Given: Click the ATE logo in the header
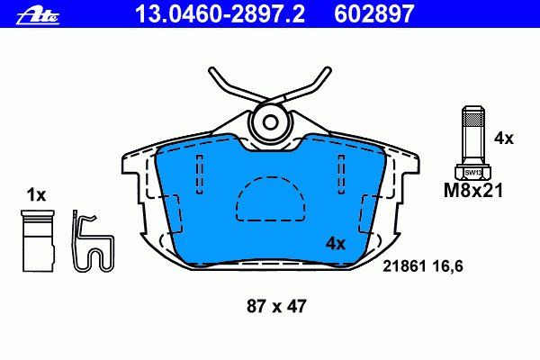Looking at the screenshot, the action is click(x=38, y=16).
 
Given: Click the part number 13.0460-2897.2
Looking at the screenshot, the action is click(x=220, y=14).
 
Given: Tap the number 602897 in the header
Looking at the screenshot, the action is click(x=374, y=14).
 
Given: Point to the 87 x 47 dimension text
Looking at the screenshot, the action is click(x=276, y=306).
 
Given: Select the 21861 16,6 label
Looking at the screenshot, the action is click(x=423, y=266).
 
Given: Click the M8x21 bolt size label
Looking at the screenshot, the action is click(x=473, y=190).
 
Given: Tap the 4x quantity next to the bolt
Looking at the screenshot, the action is click(x=503, y=139).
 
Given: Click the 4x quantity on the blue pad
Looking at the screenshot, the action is click(x=336, y=244).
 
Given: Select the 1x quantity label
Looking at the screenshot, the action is click(x=36, y=195).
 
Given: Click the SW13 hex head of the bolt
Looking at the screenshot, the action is click(x=473, y=173).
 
